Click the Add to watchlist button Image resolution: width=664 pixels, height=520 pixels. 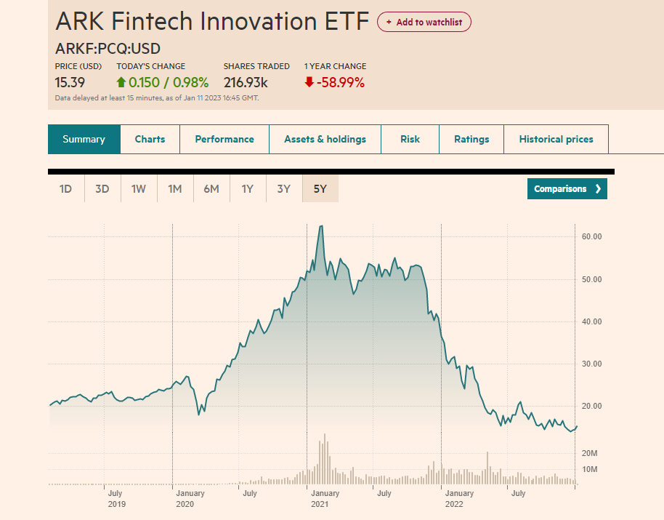pos(424,22)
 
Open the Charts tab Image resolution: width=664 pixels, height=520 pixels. pos(150,139)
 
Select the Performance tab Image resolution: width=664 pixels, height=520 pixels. pos(224,139)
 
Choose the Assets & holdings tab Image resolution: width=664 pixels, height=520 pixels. pos(325,139)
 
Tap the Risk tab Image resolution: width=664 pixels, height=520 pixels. pos(410,139)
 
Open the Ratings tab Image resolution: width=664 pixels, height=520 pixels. pos(471,139)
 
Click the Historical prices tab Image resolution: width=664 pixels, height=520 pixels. pos(556,139)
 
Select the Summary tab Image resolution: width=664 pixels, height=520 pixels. pos(84,139)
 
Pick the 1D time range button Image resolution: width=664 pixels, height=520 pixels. pos(66,189)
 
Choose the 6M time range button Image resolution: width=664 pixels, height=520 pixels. pos(211,189)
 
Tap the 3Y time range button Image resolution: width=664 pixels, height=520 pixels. pos(284,189)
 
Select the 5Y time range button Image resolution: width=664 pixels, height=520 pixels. pos(320,189)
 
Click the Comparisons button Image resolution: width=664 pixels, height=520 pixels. pos(567,189)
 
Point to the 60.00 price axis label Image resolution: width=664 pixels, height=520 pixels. pos(592,236)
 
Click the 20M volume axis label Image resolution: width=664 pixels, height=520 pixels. pos(589,453)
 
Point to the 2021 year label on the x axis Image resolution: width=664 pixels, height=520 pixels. pos(320,504)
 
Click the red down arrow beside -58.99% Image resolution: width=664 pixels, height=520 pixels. pos(309,83)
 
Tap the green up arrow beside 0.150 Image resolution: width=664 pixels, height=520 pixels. pos(121,83)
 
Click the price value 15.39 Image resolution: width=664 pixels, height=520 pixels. pos(70,82)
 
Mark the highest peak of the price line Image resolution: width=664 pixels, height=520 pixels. pos(320,226)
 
